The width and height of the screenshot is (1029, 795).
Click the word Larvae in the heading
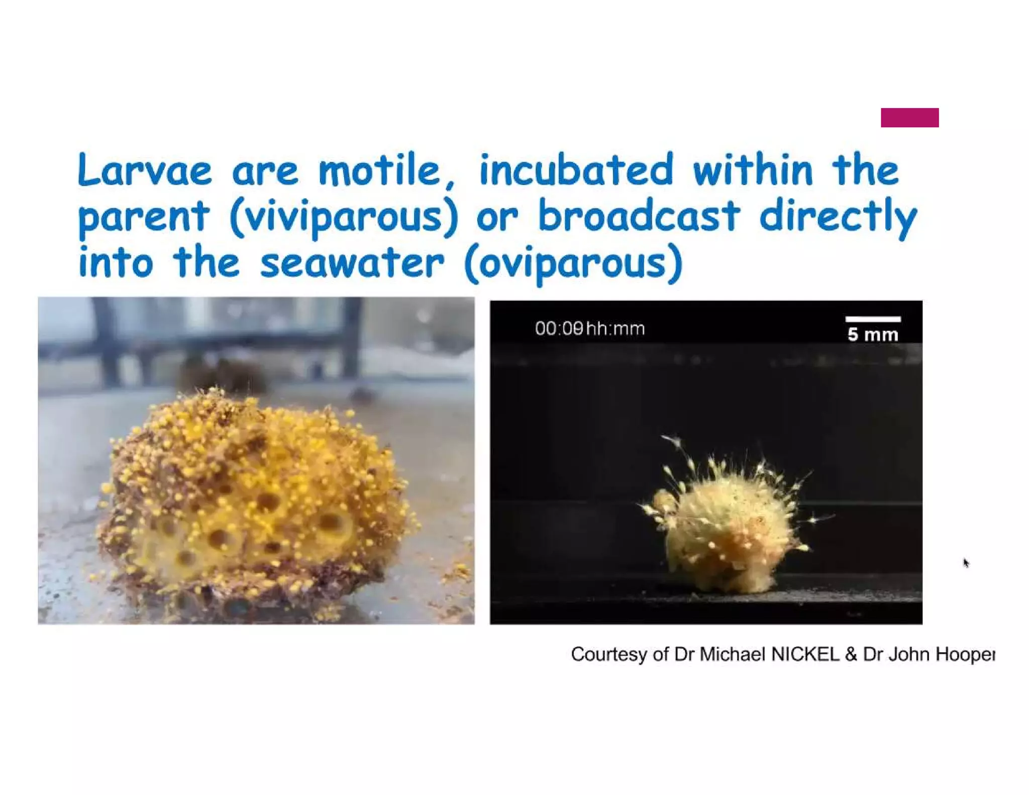click(x=145, y=170)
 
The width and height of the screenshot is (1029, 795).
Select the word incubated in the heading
click(x=576, y=170)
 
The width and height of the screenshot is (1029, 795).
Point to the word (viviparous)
click(x=344, y=217)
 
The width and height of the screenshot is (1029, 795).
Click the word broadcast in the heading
click(x=638, y=216)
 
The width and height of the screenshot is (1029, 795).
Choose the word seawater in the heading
click(x=352, y=263)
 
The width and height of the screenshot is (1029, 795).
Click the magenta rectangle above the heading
click(x=909, y=118)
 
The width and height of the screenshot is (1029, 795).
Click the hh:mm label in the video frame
click(x=615, y=329)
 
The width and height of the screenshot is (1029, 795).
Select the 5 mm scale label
click(x=872, y=335)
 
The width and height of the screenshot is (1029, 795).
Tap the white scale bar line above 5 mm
click(x=873, y=319)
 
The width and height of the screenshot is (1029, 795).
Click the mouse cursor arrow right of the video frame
click(x=965, y=562)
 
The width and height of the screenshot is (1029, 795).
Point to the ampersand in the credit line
click(x=851, y=654)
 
